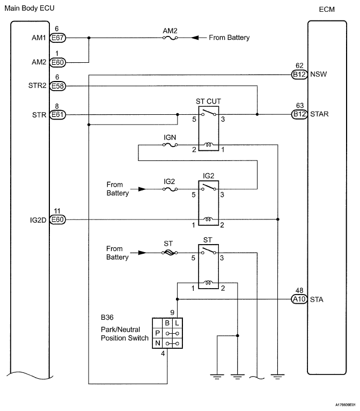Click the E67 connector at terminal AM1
[57, 38]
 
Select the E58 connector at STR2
[57, 85]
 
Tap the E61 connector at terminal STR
[57, 114]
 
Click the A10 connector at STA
[299, 299]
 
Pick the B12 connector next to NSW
[299, 75]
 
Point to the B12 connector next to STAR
[299, 114]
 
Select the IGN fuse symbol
[170, 145]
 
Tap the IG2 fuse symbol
[170, 189]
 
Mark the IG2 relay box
[209, 203]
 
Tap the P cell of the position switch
[157, 333]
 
